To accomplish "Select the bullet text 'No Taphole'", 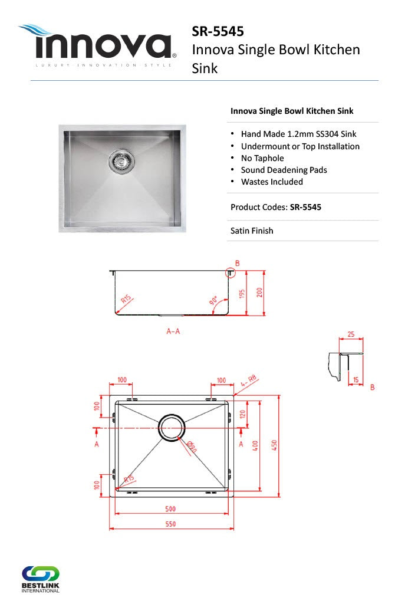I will click(x=262, y=158).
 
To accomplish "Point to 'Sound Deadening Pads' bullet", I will click(x=284, y=170).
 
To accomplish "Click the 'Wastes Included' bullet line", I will click(x=272, y=182).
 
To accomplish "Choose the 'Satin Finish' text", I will click(x=252, y=231).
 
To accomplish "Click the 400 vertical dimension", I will click(x=255, y=446).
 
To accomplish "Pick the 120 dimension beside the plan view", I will click(x=242, y=414).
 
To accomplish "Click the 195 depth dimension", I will click(x=242, y=293).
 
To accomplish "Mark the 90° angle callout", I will click(x=213, y=301).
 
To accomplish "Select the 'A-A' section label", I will click(x=173, y=331).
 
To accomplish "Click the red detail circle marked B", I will click(x=230, y=273).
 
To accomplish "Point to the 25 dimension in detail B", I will click(x=351, y=334).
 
